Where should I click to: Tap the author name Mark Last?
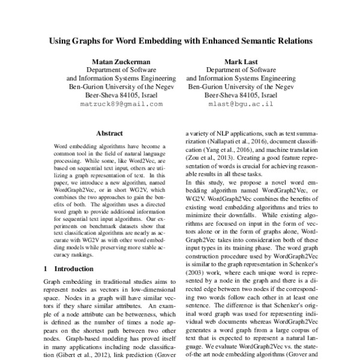pyautogui.click(x=241, y=62)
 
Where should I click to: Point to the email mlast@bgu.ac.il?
pyautogui.click(x=241, y=104)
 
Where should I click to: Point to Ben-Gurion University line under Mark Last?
pyautogui.click(x=241, y=87)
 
